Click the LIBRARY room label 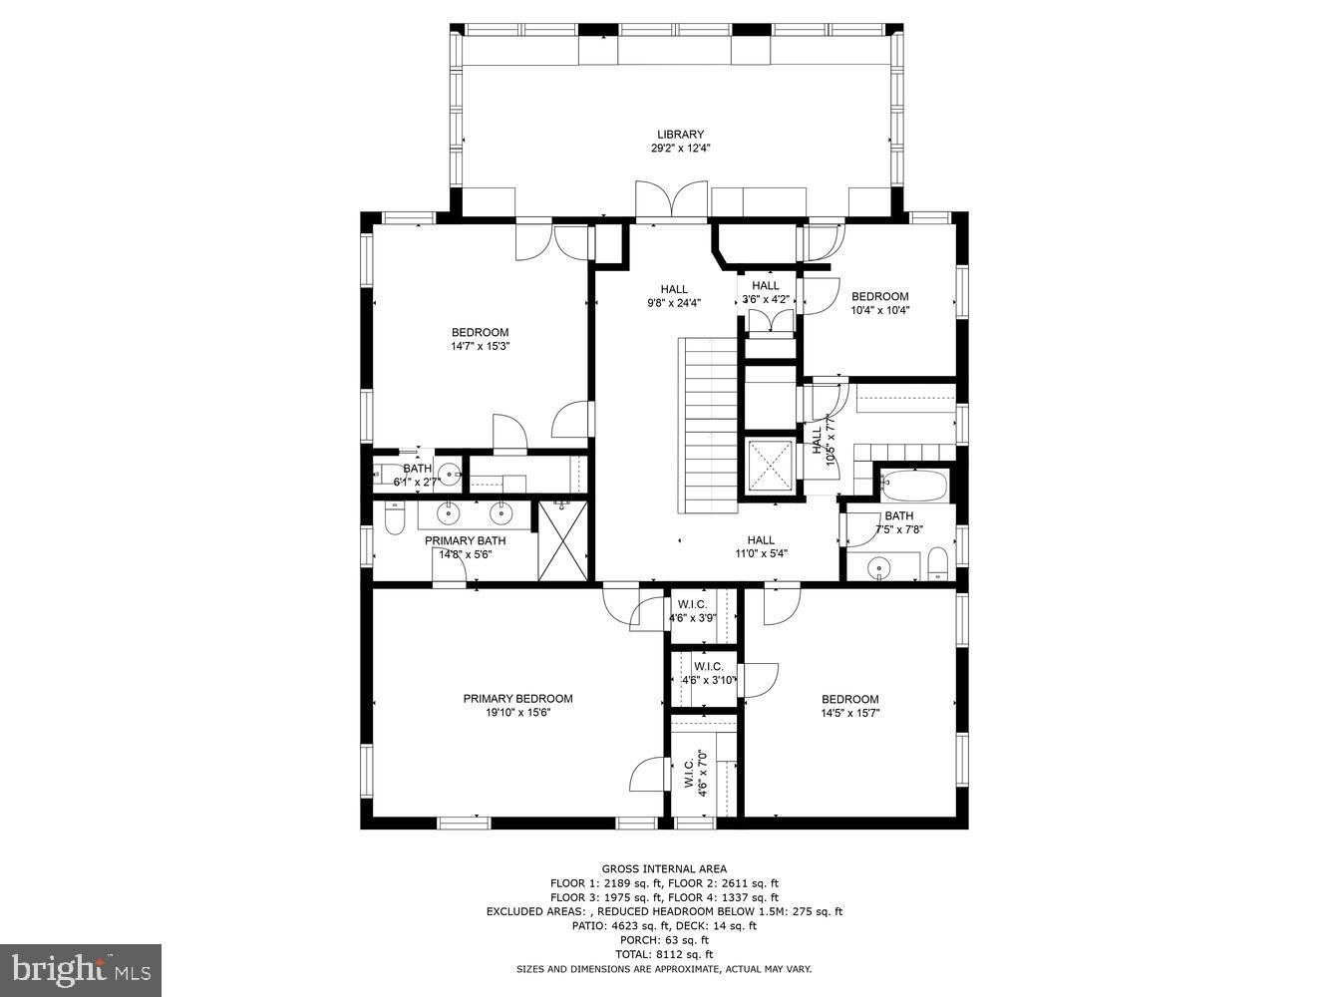(680, 135)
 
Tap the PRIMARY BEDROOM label (517, 699)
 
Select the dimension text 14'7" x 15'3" (480, 347)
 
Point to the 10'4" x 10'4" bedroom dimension (879, 310)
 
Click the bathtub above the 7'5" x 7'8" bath (914, 487)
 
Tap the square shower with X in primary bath (563, 541)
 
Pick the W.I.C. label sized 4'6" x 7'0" (695, 773)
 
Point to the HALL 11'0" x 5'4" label (761, 547)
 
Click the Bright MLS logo (81, 970)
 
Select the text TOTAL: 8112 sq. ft (664, 954)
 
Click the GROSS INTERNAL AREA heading (664, 868)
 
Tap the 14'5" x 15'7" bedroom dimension (849, 714)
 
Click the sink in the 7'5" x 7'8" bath (878, 569)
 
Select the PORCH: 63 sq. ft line (664, 940)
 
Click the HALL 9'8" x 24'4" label (674, 296)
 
